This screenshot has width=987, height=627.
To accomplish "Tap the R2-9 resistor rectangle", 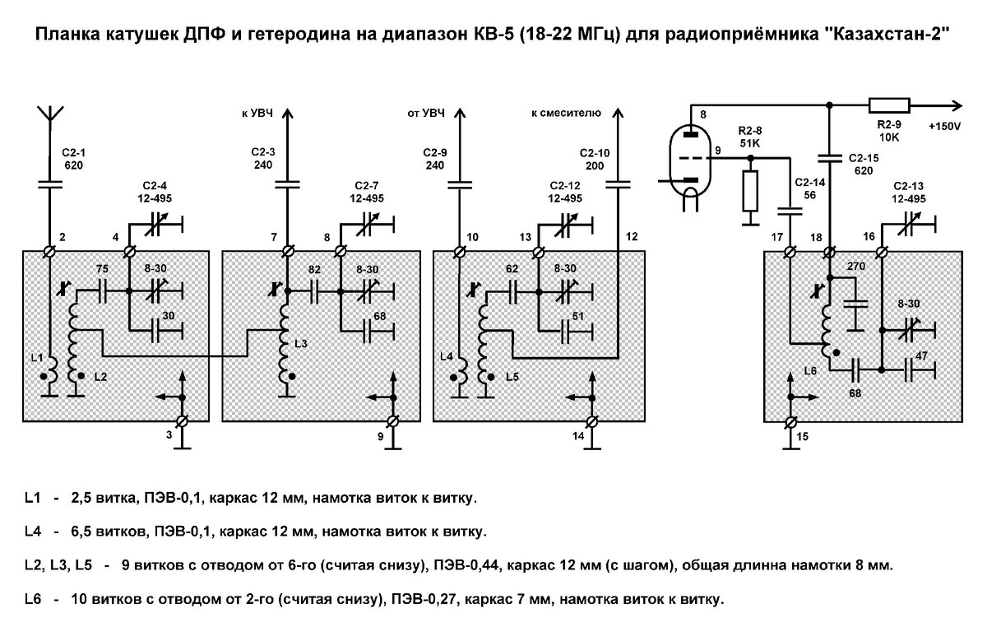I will coord(889,105).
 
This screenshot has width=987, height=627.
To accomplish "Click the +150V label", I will coord(944,127).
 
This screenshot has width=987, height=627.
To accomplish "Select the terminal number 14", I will coord(579,435).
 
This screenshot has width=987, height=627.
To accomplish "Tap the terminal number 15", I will coord(802,436).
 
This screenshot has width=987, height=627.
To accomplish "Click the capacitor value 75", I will coord(102,270).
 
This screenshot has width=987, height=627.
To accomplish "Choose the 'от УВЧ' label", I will coord(426,112).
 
